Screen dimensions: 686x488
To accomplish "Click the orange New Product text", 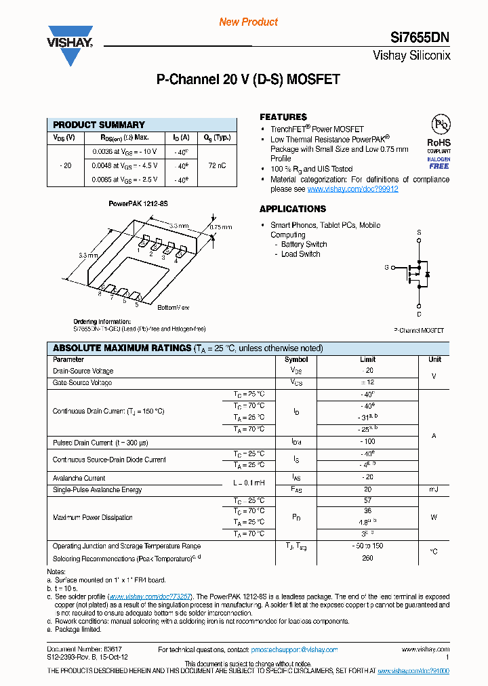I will pyautogui.click(x=248, y=22).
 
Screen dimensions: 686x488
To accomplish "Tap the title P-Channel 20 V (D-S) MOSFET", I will pyautogui.click(x=248, y=79).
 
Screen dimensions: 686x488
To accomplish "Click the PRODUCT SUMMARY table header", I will pyautogui.click(x=99, y=125).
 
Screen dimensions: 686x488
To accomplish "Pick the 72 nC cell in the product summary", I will pyautogui.click(x=217, y=165).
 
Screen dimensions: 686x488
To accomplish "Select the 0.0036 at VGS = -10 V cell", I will pyautogui.click(x=125, y=151).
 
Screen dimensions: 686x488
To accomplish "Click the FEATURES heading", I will pyautogui.click(x=283, y=117).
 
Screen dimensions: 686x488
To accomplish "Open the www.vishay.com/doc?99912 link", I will pyautogui.click(x=352, y=189).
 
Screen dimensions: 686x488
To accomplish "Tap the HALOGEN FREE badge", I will pyautogui.click(x=439, y=162).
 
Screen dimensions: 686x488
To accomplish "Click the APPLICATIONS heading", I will pyautogui.click(x=293, y=209).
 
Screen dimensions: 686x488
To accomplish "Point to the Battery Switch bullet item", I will pyautogui.click(x=304, y=244).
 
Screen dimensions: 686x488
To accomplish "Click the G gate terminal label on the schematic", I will pyautogui.click(x=386, y=268).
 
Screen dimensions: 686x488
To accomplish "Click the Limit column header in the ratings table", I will pyautogui.click(x=367, y=359).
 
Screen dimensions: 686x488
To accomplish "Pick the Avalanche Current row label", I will pyautogui.click(x=79, y=478).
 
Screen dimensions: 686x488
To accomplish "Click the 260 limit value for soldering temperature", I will pyautogui.click(x=368, y=559).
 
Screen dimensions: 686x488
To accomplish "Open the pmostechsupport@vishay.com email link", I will pyautogui.click(x=293, y=649).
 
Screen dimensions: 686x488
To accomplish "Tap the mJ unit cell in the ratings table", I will pyautogui.click(x=434, y=489).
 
